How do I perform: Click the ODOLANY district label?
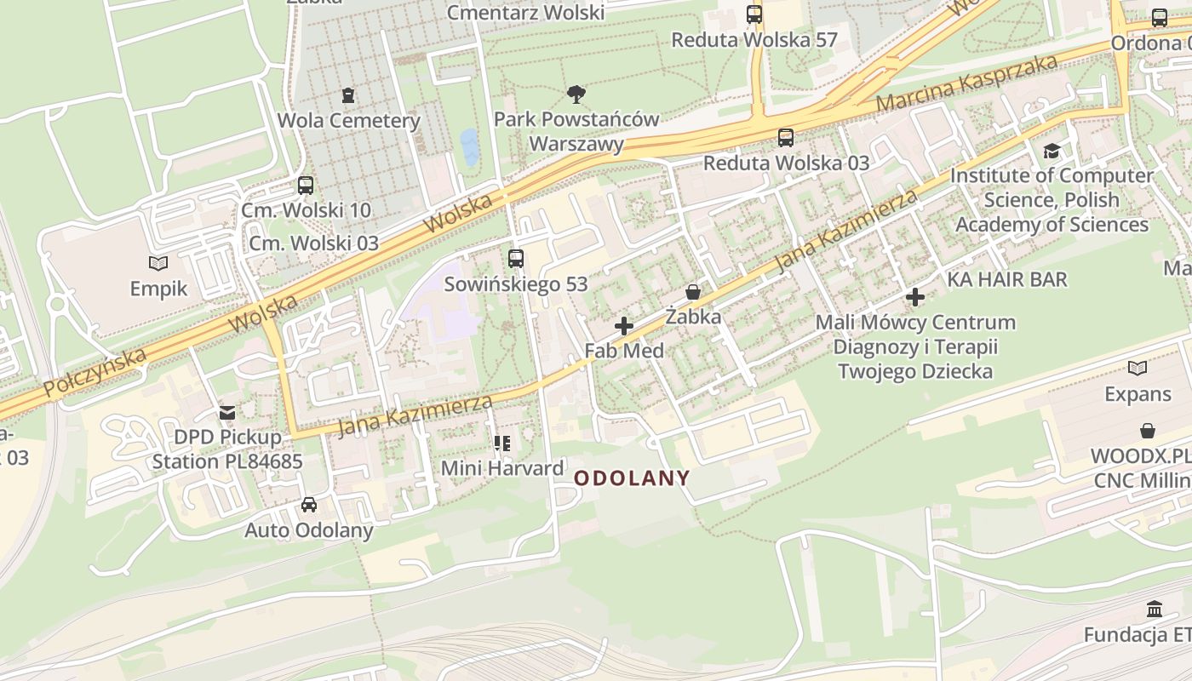tap(631, 478)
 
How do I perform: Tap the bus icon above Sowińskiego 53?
tap(515, 259)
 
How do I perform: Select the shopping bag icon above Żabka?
tap(694, 292)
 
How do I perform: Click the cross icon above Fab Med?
tap(624, 325)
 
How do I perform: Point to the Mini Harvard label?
tap(501, 468)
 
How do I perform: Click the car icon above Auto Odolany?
tap(309, 505)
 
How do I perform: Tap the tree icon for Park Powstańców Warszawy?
tap(576, 94)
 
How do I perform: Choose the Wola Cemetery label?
tap(348, 121)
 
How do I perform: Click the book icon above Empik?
tap(158, 263)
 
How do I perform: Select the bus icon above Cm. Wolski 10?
tap(305, 185)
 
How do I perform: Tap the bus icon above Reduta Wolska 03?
tap(786, 137)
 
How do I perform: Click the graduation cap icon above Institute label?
tap(1052, 151)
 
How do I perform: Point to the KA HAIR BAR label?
tap(1006, 279)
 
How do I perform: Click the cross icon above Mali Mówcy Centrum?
tap(915, 297)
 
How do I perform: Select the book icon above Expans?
tap(1138, 369)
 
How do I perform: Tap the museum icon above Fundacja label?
tap(1155, 609)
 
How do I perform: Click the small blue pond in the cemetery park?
tap(469, 146)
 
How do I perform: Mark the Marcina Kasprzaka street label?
tap(966, 83)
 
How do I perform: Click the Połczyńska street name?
tap(95, 372)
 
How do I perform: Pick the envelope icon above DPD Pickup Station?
tap(226, 413)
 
